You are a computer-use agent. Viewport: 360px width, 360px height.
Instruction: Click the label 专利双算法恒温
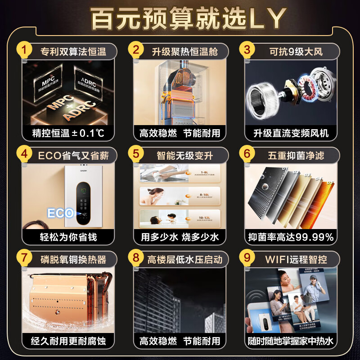[x=73, y=52]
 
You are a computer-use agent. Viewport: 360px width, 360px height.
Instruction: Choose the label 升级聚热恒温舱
[x=184, y=52]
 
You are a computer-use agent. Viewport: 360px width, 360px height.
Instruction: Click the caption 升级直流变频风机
[x=291, y=133]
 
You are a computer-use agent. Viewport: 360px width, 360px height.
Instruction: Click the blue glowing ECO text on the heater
[x=60, y=213]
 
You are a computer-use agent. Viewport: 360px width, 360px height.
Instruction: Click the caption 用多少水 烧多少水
[x=180, y=237]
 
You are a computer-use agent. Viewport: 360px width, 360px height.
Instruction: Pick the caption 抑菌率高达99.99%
[x=291, y=237]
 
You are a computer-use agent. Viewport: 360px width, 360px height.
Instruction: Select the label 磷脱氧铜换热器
[x=73, y=260]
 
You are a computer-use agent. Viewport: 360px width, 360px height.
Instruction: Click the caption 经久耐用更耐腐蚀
[x=66, y=341]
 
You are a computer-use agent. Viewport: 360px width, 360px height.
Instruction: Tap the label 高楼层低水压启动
[x=184, y=260]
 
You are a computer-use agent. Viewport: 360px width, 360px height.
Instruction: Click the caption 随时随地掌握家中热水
[x=291, y=341]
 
